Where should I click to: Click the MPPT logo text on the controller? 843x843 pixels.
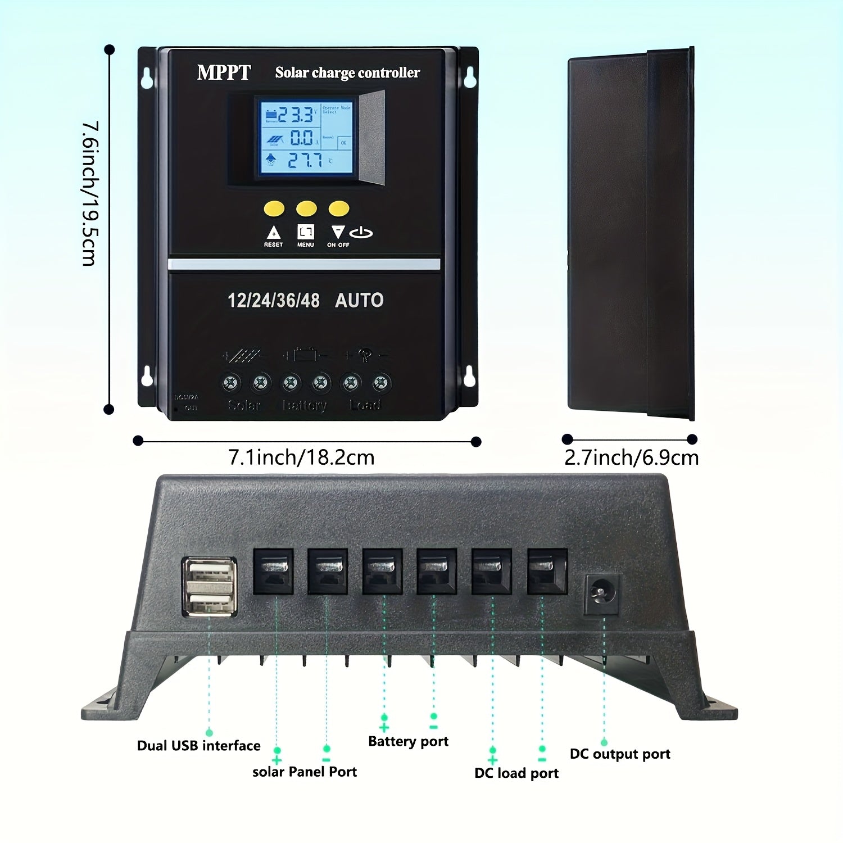click(x=224, y=72)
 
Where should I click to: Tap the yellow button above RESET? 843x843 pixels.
click(x=274, y=209)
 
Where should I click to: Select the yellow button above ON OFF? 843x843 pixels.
click(x=338, y=209)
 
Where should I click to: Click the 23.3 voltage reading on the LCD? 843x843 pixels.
click(x=296, y=115)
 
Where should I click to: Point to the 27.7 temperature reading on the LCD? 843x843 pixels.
click(x=305, y=161)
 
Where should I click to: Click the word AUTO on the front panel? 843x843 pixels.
click(x=359, y=301)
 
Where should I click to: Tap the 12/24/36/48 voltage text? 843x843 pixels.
click(x=274, y=301)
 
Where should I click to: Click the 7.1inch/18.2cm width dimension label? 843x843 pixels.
click(x=301, y=457)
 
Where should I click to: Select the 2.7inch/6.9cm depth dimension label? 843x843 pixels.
click(x=631, y=458)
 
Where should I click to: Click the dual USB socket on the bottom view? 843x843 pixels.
click(x=209, y=587)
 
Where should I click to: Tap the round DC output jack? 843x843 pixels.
click(x=602, y=594)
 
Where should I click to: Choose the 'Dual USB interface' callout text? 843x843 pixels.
click(x=198, y=746)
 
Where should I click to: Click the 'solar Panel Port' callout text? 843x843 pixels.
click(x=305, y=772)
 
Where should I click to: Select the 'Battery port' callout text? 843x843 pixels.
click(x=408, y=741)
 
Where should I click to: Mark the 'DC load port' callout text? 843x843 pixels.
click(x=516, y=773)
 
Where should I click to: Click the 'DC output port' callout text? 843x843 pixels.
click(x=620, y=754)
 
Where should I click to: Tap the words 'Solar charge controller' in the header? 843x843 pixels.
click(x=347, y=73)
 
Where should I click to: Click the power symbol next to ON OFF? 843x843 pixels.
click(x=361, y=233)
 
